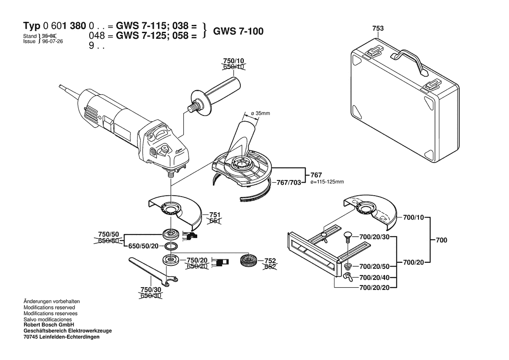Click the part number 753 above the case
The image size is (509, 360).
pos(378,28)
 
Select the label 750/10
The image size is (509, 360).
pos(234,61)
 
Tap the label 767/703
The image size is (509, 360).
pos(289,183)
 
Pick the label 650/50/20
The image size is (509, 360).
pos(144,246)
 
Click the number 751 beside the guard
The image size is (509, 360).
pos(215,215)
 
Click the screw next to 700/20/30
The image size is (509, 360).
pos(347,238)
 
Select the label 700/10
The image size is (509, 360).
pos(413,217)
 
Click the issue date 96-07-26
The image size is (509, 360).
pos(52,42)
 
